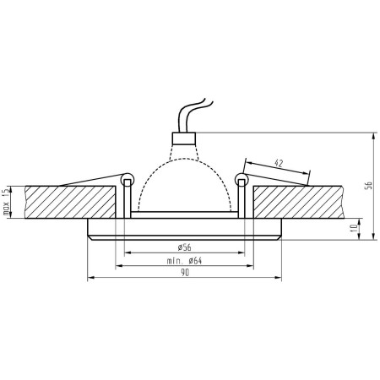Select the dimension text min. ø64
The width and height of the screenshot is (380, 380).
coord(184,261)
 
